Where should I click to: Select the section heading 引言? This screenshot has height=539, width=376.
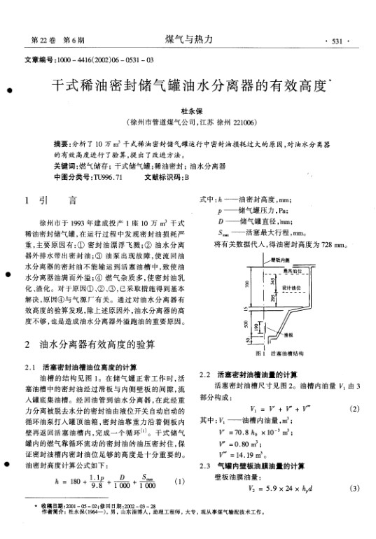[53, 201]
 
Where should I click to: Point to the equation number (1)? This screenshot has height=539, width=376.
[180, 482]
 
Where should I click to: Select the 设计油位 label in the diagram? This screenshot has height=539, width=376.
[291, 288]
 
